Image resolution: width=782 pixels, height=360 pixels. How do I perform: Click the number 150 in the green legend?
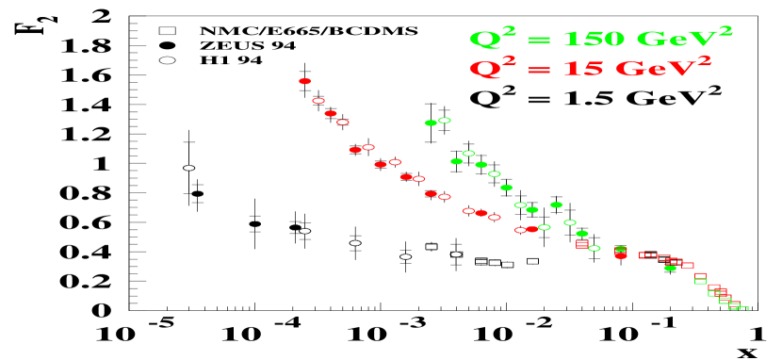click(594, 40)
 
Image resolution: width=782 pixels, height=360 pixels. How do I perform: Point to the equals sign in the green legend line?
click(540, 41)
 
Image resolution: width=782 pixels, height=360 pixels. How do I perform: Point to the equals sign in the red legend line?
click(540, 70)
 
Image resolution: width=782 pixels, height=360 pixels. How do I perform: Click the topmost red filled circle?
click(304, 81)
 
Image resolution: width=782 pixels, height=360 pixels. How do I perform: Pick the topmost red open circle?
click(318, 101)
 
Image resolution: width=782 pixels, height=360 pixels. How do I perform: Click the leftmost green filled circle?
click(431, 123)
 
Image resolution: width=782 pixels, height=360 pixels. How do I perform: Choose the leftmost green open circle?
click(445, 121)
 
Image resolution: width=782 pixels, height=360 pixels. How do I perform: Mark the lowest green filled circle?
click(670, 268)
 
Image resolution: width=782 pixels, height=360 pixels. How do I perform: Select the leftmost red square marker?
click(582, 244)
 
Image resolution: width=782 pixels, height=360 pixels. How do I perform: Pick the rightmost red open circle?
click(520, 230)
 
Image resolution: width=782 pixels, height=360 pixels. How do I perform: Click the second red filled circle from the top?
click(331, 113)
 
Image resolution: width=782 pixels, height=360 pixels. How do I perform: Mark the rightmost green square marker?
click(742, 308)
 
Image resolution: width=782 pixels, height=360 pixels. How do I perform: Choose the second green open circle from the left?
click(468, 154)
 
